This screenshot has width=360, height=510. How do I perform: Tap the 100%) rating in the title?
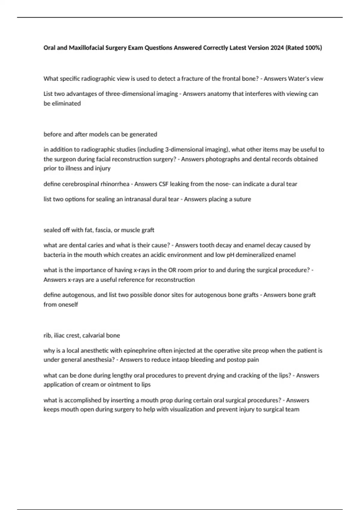(x=313, y=48)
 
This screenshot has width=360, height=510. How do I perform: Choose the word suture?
(x=242, y=199)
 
